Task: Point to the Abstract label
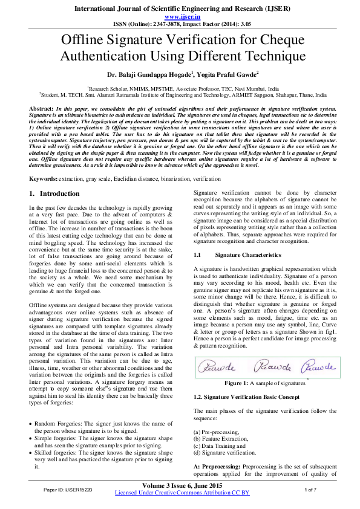[42, 107]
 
